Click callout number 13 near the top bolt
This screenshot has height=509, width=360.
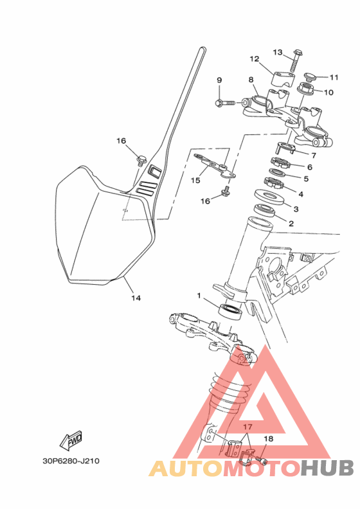coord(278,52)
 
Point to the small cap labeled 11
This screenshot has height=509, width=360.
coord(311,77)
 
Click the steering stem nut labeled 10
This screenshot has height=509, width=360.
coord(305,89)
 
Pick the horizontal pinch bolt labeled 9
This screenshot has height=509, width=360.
coord(225,103)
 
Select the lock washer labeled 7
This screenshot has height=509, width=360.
coord(285,147)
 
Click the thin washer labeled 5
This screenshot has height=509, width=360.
coord(277,172)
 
